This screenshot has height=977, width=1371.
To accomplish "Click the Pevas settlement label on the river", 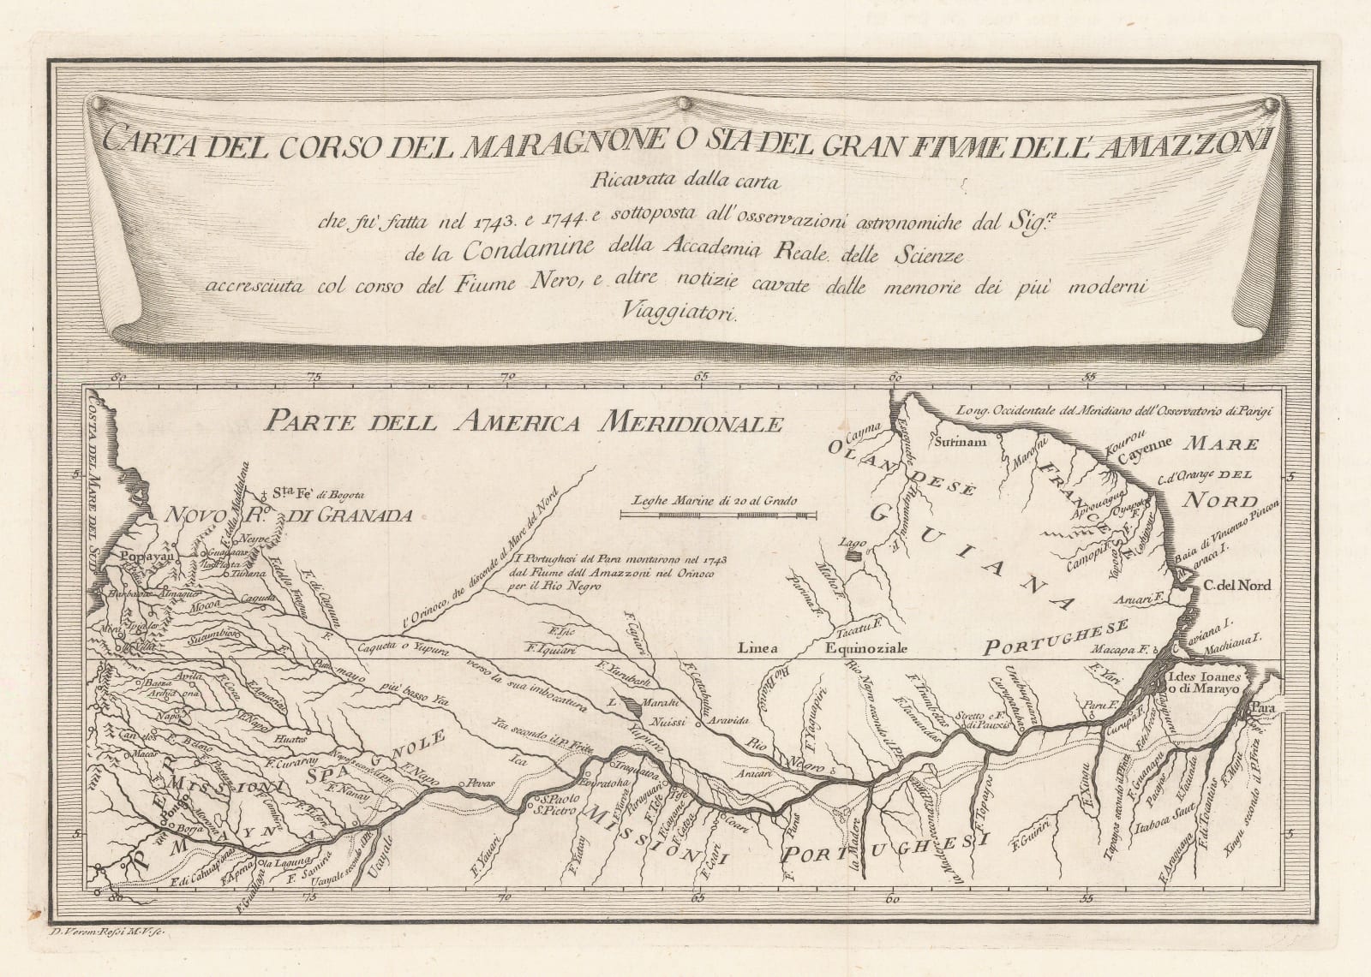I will pos(477,783).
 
